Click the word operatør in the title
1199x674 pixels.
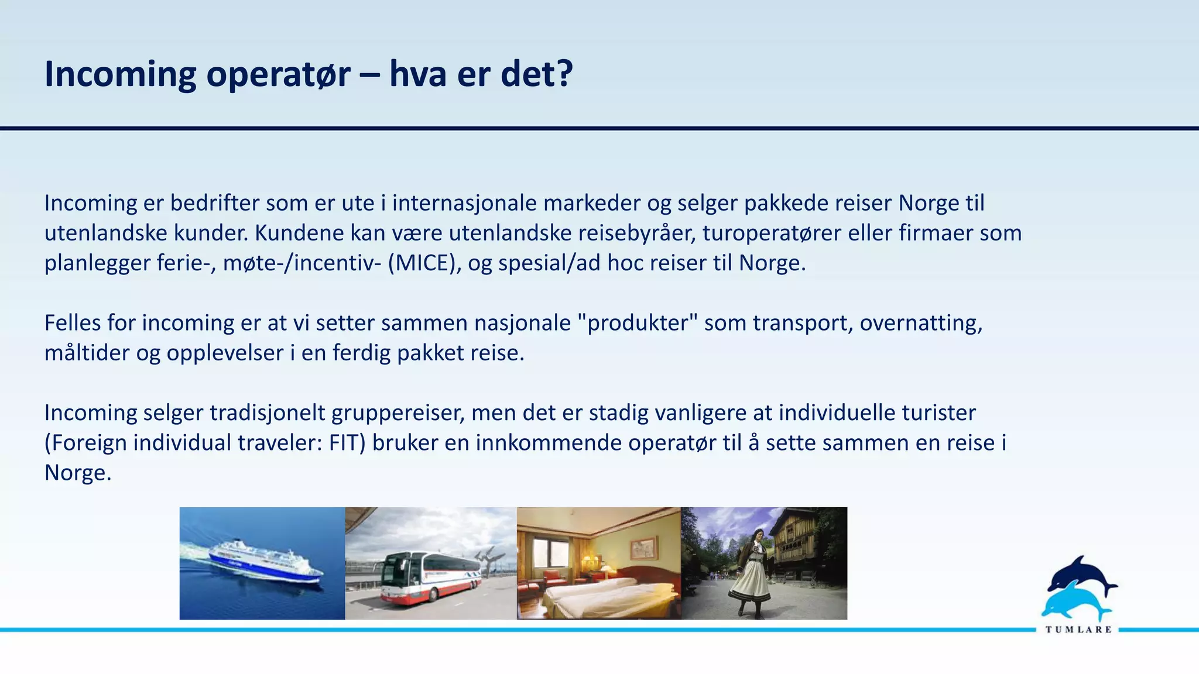pyautogui.click(x=278, y=75)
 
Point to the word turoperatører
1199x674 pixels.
pyautogui.click(x=772, y=233)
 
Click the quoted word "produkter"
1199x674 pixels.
pyautogui.click(x=638, y=323)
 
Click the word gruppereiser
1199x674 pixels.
pyautogui.click(x=398, y=413)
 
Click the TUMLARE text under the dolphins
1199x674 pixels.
pyautogui.click(x=1078, y=630)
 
